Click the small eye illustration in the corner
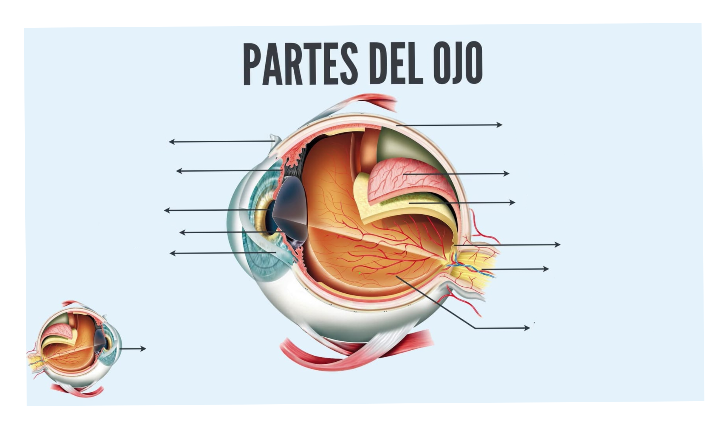point(75,349)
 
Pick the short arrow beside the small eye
point(133,348)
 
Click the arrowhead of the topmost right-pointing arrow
point(499,125)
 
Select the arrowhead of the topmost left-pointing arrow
point(172,142)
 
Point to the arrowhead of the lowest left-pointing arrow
point(173,254)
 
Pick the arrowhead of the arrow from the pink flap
point(506,173)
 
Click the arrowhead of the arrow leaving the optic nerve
point(546,269)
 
